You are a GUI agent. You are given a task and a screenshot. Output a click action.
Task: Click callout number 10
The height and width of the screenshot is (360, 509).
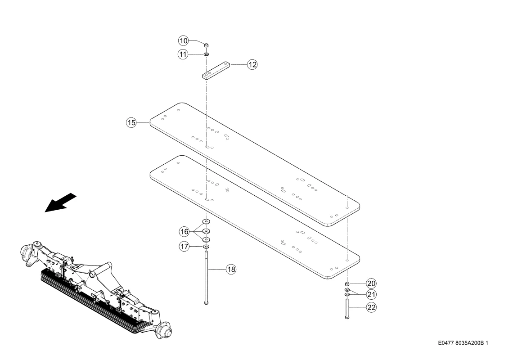pos(184,41)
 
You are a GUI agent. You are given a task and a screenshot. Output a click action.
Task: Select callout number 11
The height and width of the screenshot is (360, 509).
pos(184,54)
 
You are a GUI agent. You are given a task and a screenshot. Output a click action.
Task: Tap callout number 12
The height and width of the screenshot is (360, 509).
pos(252,65)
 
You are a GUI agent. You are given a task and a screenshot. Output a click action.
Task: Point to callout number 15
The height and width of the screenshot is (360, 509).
pos(131,123)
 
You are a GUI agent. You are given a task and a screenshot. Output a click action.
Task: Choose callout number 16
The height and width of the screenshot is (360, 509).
pos(185,232)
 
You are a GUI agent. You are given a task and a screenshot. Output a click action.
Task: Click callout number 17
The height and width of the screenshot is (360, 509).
pos(185,247)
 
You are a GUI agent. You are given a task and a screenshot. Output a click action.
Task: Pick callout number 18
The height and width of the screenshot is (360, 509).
pos(231,269)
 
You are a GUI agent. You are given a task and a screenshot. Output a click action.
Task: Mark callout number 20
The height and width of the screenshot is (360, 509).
pos(371,283)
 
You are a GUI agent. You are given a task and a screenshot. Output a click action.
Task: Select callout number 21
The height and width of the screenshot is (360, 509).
pos(371,295)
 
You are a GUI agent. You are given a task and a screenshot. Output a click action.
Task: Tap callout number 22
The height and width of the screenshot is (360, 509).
pos(371,307)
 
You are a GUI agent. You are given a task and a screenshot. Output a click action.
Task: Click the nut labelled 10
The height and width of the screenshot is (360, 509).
pos(206,45)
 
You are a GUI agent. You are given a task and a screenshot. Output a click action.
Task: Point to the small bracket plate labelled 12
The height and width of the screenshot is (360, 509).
pos(216,70)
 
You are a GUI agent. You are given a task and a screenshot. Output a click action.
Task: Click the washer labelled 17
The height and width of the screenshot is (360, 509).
pos(206,247)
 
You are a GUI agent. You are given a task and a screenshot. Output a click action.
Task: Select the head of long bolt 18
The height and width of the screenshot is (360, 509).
pos(206,302)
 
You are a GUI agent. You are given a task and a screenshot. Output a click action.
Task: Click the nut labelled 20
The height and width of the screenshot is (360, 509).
pos(347,284)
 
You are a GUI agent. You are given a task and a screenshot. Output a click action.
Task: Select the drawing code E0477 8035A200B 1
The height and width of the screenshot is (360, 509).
pos(463,343)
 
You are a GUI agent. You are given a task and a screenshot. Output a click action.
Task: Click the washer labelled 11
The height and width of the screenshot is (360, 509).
pos(206,54)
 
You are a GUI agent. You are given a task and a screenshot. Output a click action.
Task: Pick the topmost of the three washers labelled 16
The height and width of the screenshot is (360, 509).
pos(206,222)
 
